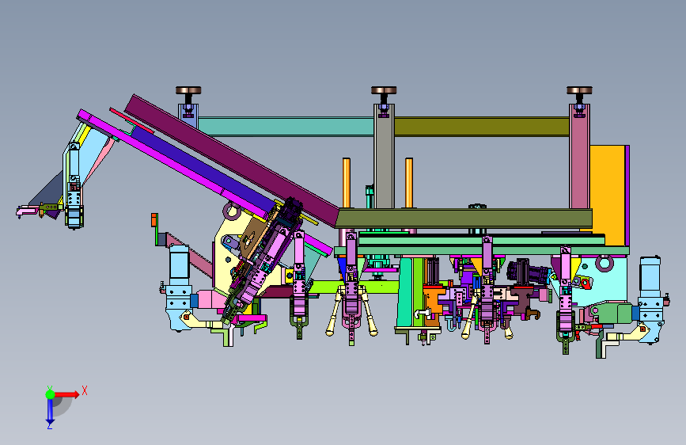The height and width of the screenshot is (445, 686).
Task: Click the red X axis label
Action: (85, 390)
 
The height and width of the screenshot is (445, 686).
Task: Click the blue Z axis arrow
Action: (50, 411)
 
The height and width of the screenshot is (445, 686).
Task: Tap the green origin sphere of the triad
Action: (51, 394)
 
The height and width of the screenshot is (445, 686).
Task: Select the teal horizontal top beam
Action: (286, 126)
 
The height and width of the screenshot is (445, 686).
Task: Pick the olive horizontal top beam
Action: (482, 126)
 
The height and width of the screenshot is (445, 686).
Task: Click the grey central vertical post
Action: (384, 156)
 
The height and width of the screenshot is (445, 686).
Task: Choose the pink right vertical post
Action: (580, 156)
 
